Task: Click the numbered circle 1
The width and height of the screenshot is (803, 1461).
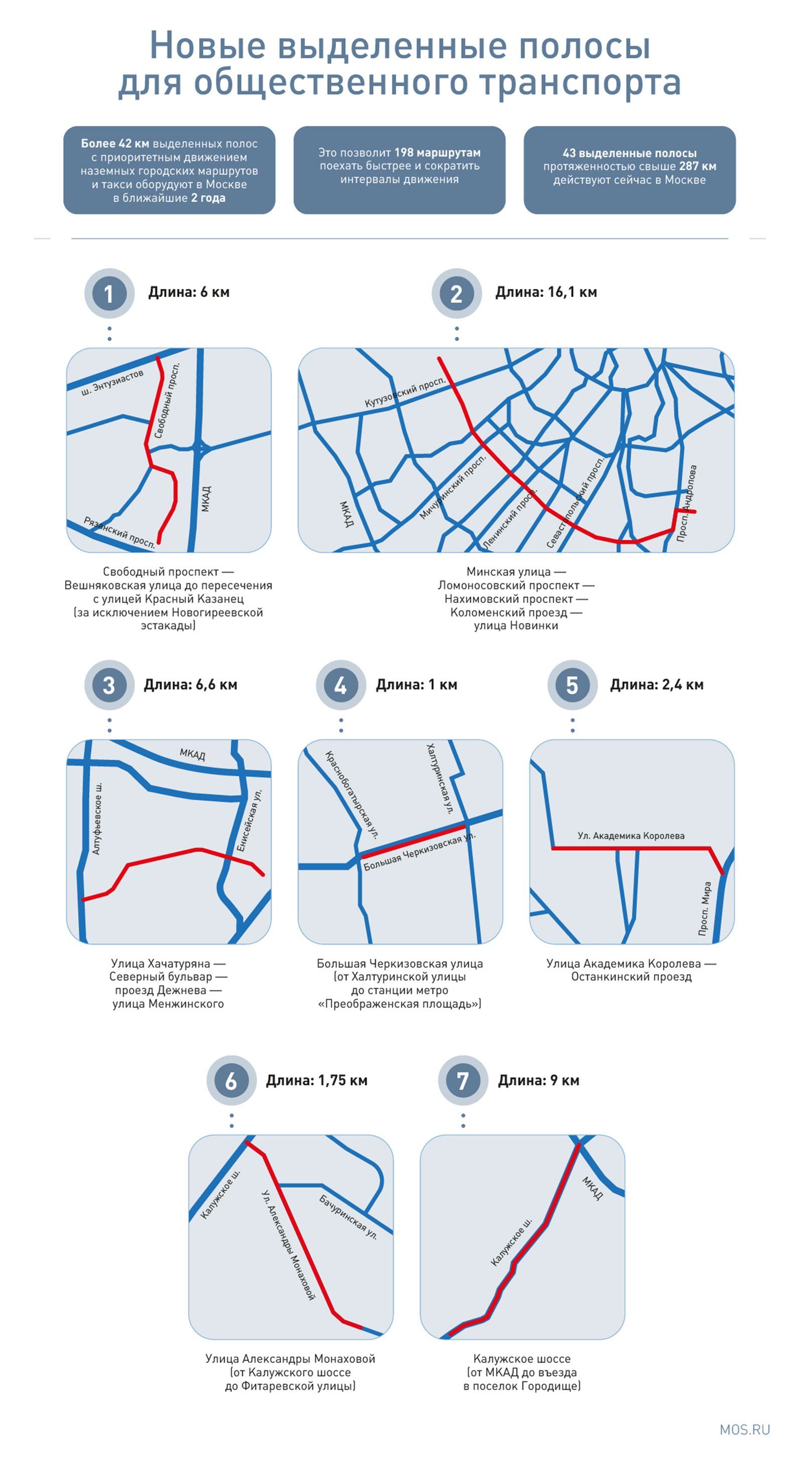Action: click(109, 293)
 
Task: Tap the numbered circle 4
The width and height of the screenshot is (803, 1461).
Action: click(340, 685)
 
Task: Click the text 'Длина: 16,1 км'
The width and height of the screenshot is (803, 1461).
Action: click(546, 292)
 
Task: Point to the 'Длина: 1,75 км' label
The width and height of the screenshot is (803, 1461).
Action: click(317, 1080)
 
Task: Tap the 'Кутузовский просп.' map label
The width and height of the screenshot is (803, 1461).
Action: click(406, 392)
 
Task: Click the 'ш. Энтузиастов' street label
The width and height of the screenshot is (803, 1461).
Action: click(112, 382)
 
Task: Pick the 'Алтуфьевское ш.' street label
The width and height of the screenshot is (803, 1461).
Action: click(97, 819)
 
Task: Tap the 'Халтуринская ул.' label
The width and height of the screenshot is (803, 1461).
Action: click(440, 779)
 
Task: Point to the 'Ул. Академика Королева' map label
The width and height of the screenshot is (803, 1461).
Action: click(631, 835)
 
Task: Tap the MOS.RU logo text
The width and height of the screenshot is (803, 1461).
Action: click(745, 1430)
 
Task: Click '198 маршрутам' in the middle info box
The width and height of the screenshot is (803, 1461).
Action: click(437, 153)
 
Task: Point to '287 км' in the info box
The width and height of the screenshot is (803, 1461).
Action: click(698, 166)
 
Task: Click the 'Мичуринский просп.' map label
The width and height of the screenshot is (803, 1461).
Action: click(453, 487)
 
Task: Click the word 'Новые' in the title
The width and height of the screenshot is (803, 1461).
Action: click(207, 45)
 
